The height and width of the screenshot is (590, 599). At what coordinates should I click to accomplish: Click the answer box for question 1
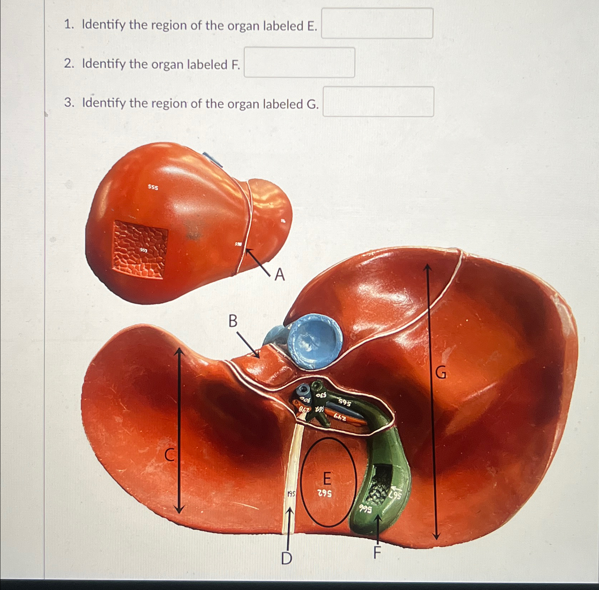pyautogui.click(x=377, y=23)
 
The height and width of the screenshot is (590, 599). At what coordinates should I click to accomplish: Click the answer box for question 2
pyautogui.click(x=299, y=63)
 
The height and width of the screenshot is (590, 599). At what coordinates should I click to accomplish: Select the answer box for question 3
pyautogui.click(x=378, y=102)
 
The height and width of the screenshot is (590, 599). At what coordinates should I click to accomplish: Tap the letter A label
pyautogui.click(x=280, y=275)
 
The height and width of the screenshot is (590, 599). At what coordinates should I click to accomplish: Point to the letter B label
pyautogui.click(x=233, y=321)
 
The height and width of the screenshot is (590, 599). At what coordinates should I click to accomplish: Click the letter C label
pyautogui.click(x=170, y=455)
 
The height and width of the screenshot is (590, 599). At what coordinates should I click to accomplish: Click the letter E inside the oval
pyautogui.click(x=326, y=478)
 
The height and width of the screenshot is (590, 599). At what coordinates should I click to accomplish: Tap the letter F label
pyautogui.click(x=377, y=553)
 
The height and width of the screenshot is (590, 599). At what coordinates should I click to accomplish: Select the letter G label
pyautogui.click(x=441, y=373)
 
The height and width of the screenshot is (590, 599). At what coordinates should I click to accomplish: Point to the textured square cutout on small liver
pyautogui.click(x=141, y=249)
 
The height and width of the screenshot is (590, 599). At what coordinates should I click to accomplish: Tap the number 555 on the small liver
pyautogui.click(x=153, y=187)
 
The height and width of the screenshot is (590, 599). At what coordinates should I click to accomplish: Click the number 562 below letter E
pyautogui.click(x=325, y=494)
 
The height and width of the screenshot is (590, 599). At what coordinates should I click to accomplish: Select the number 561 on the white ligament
pyautogui.click(x=291, y=494)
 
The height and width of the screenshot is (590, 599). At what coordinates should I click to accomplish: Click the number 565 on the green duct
pyautogui.click(x=345, y=403)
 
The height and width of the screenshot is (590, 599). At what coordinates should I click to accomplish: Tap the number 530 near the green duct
pyautogui.click(x=321, y=395)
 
